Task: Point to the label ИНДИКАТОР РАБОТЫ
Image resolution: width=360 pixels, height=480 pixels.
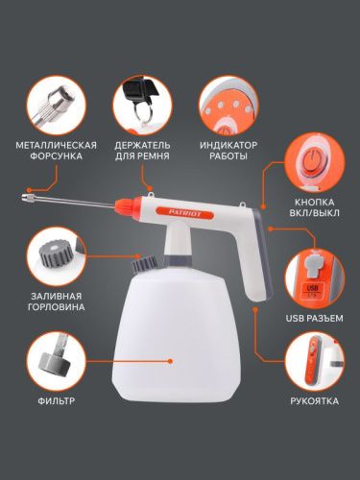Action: click(x=227, y=148)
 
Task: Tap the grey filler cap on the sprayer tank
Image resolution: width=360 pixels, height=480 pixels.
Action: click(x=144, y=260)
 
